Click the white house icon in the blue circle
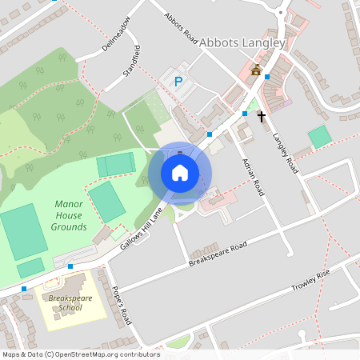click(x=180, y=173)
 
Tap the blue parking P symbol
click(x=178, y=81)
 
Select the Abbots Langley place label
click(x=242, y=42)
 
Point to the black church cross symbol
click(x=261, y=117)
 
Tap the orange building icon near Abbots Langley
click(x=256, y=70)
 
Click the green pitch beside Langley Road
click(x=319, y=136)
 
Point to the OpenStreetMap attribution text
click(x=82, y=354)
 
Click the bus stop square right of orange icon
click(x=267, y=78)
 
